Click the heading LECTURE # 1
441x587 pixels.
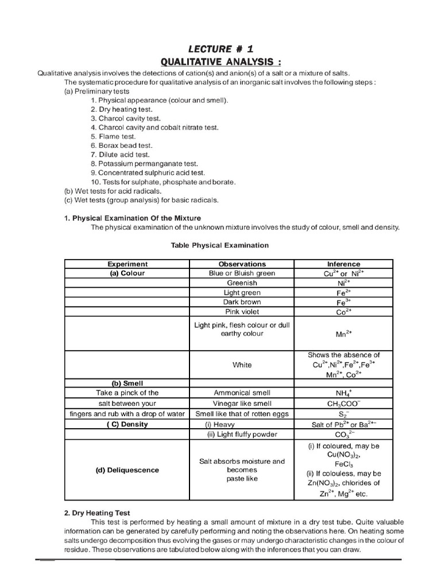221,50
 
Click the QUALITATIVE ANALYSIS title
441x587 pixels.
221,62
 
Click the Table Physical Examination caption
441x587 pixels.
220,245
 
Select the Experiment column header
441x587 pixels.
127,264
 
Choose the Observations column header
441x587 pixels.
242,264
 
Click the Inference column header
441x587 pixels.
343,264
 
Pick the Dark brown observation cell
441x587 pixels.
242,302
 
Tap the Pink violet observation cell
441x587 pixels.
242,312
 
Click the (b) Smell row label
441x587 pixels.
127,383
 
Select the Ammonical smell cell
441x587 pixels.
242,393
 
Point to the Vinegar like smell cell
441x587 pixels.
242,404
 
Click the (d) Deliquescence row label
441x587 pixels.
127,470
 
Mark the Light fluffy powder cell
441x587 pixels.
242,435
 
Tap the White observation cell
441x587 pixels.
242,365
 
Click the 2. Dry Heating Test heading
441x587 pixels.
97,514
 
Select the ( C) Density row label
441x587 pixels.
127,424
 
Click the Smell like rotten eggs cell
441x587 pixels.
242,414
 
